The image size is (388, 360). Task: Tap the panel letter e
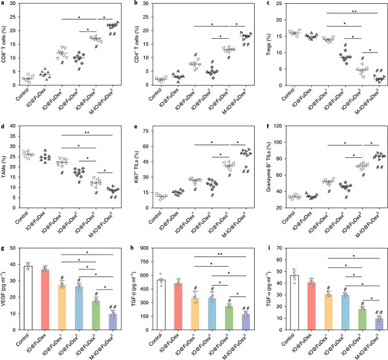(x=134, y=123)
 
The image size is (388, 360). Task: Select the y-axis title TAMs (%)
(x=5, y=172)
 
